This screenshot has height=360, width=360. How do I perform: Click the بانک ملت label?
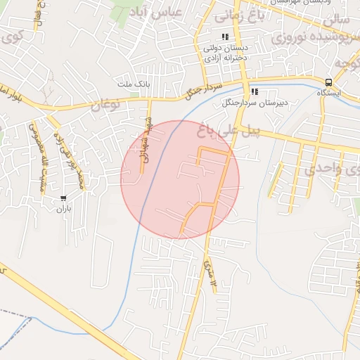[x=133, y=84]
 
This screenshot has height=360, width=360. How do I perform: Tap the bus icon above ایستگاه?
[x=330, y=82]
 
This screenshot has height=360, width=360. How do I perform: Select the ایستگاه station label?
[x=329, y=93]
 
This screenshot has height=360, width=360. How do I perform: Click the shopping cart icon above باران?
[x=65, y=198]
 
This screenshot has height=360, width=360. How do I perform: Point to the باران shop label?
[x=65, y=208]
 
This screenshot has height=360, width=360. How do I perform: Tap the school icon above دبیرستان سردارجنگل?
[x=255, y=91]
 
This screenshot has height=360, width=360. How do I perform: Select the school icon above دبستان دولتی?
[x=224, y=37]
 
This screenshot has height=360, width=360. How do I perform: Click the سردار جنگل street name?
[x=203, y=89]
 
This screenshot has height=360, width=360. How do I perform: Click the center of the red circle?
[x=180, y=179]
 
